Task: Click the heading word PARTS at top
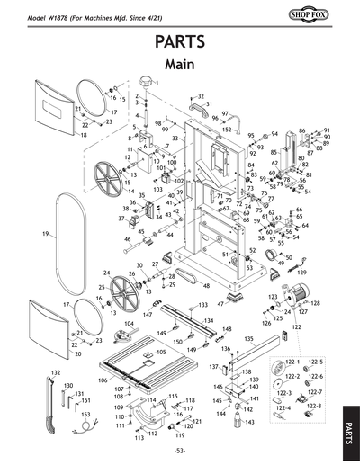(180, 43)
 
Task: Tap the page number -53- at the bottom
(180, 450)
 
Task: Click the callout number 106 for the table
(101, 380)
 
